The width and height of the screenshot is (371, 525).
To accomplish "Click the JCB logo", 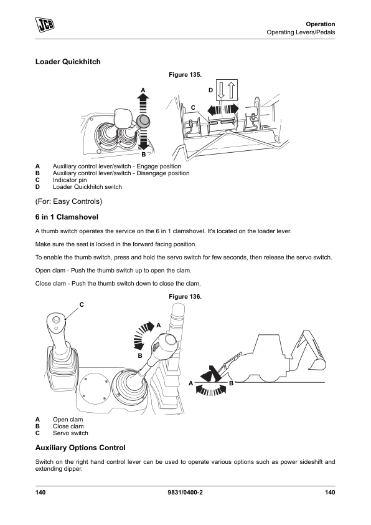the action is pos(45,25).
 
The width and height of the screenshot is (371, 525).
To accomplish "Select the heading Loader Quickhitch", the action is pos(68,62).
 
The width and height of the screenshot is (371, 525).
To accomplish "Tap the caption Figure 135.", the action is pos(185,75).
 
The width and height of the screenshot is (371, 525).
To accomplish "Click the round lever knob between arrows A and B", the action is pos(143,121).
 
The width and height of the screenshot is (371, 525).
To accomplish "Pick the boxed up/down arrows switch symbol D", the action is pos(227,90).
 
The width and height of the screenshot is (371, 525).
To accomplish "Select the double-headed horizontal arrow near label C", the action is pos(223,110).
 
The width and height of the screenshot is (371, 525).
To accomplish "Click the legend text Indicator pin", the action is pos(70,180).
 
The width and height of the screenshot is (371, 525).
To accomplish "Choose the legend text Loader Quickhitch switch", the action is pos(87,187).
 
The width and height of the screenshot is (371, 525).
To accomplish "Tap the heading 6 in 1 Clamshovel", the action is pos(67,217).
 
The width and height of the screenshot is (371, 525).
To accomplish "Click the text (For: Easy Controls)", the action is pos(69,201).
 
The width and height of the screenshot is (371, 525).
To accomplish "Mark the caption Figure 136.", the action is pos(185,297).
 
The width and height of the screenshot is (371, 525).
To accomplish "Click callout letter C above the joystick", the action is pos(82,305).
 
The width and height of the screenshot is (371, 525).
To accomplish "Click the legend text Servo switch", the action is pos(70,433).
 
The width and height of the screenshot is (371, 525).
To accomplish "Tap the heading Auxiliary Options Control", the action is pos(80,448).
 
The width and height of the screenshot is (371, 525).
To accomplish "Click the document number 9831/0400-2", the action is pos(185,492).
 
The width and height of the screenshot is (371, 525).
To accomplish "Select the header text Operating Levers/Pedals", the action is pos(301,32).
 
